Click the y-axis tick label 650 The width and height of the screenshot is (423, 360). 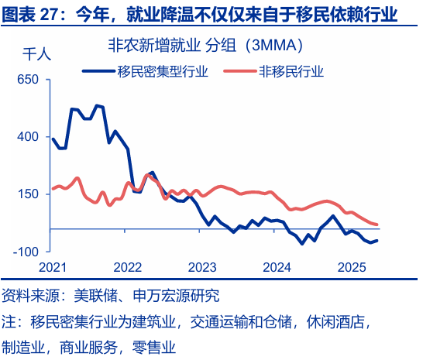[27, 80]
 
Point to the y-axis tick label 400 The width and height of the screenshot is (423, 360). [27, 137]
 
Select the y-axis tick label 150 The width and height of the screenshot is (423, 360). [27, 194]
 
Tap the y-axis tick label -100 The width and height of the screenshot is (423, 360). [26, 252]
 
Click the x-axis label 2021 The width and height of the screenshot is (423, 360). [52, 267]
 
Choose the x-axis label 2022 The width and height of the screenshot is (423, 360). [127, 267]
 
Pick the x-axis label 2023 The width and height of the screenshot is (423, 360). [202, 267]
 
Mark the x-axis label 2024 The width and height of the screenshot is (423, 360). [277, 267]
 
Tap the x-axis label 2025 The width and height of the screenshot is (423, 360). [352, 267]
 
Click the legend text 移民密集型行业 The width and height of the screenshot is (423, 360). [162, 71]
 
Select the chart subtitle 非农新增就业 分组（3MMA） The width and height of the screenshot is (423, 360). [205, 46]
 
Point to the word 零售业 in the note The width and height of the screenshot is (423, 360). [155, 347]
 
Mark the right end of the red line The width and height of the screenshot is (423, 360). [377, 225]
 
